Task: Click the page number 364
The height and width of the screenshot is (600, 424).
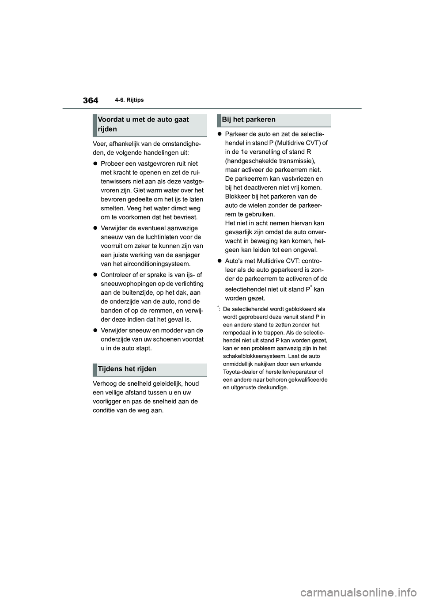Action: pos(90,100)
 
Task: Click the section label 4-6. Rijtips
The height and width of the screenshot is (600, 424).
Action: pos(130,100)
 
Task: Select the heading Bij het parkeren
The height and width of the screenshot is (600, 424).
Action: pos(249,119)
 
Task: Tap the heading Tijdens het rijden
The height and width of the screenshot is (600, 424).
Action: pos(127,369)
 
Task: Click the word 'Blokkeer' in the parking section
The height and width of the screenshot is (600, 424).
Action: pos(239,197)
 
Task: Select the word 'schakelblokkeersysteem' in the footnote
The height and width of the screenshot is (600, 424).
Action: pos(252,356)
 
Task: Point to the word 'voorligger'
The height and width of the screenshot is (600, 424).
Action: pos(108,402)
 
